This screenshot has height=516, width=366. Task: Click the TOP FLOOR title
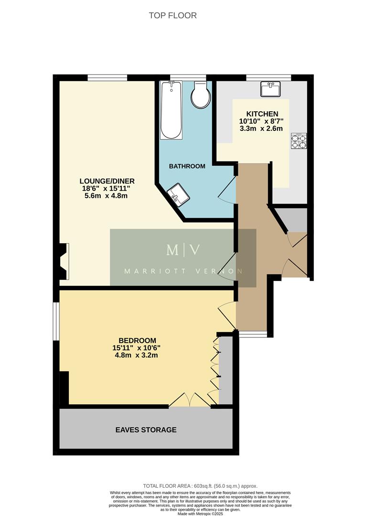tap(172, 15)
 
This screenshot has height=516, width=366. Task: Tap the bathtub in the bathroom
tap(171, 110)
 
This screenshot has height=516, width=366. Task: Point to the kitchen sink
tap(270, 89)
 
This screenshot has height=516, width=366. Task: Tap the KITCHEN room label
tap(262, 114)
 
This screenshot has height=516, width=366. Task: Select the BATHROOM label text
tap(187, 166)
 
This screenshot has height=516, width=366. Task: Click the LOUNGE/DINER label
tap(107, 181)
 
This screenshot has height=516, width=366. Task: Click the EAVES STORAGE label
tap(146, 430)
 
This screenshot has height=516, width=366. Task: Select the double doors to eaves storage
tap(190, 400)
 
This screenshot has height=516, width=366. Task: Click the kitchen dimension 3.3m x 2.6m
tap(261, 129)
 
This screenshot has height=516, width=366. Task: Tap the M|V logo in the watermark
tap(183, 249)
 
